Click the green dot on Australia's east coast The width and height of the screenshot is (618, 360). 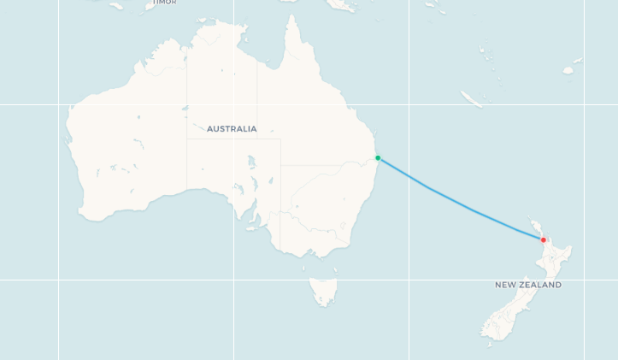(378, 158)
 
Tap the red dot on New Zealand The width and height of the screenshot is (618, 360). (543, 239)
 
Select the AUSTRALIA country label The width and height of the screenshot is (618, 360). (232, 129)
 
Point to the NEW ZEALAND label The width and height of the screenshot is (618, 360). (528, 285)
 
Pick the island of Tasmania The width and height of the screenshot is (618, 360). (324, 291)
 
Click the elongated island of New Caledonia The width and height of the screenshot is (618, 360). (472, 99)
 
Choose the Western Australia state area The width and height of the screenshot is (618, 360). (128, 145)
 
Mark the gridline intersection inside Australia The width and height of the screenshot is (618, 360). (233, 104)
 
